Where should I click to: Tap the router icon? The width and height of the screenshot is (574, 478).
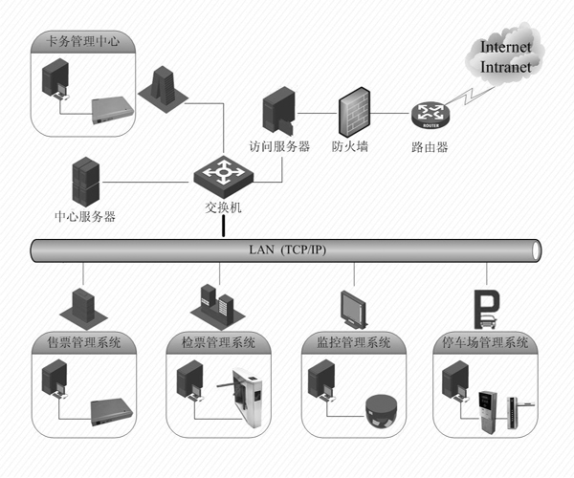point(430,116)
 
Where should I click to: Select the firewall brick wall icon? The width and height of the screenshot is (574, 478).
point(353,112)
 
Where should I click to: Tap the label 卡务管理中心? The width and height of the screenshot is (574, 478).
point(77,41)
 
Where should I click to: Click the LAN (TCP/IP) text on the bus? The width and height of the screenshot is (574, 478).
point(286,250)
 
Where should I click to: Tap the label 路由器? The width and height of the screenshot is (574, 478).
point(430,147)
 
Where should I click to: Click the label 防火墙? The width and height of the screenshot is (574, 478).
point(350,147)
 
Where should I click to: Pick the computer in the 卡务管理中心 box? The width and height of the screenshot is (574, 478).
point(56,81)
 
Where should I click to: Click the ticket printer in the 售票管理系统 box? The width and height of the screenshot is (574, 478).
point(110,412)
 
